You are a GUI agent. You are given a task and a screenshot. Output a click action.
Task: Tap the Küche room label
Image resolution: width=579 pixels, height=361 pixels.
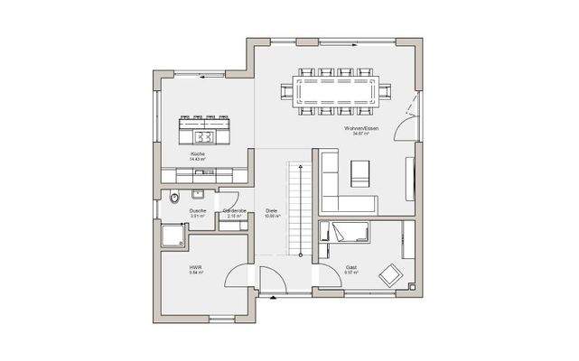[x=198, y=154]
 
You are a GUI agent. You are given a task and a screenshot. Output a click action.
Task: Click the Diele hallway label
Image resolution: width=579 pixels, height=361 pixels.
[x=271, y=211]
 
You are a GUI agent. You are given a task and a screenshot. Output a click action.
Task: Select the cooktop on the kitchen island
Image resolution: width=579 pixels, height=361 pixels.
[x=204, y=136]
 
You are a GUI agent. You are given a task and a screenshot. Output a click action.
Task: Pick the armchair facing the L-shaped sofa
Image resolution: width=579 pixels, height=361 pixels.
[x=360, y=171]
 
